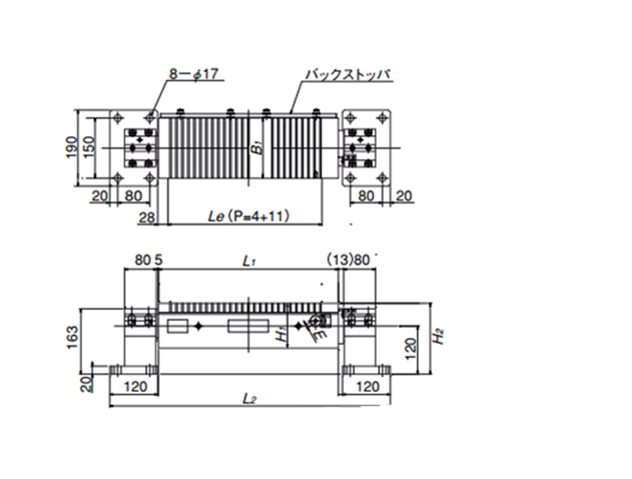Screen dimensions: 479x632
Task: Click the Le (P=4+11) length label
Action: click(248, 217)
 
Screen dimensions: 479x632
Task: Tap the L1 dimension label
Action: click(250, 260)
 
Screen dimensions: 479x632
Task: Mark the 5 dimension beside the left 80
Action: click(159, 260)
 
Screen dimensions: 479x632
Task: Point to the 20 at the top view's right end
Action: click(403, 195)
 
